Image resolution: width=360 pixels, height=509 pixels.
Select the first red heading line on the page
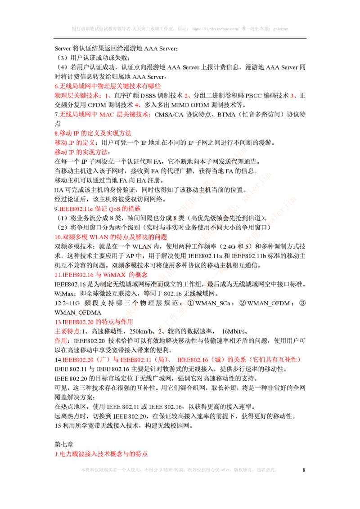[107, 86]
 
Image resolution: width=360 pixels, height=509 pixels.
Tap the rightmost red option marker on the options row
[292, 96]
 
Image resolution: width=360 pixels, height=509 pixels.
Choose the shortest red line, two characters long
[61, 341]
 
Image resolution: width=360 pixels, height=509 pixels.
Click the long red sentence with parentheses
[181, 360]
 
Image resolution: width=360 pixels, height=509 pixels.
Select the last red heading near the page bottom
[101, 454]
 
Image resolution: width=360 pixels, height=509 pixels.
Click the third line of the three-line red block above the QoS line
[81, 152]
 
